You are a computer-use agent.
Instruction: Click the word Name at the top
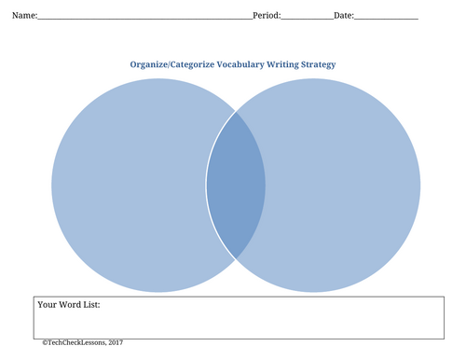pos(23,15)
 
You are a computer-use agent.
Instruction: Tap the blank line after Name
pos(145,19)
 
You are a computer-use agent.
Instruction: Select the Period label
pos(266,15)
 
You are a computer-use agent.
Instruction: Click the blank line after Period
pos(308,19)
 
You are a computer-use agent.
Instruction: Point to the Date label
pos(343,15)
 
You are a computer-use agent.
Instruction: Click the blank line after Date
pos(386,19)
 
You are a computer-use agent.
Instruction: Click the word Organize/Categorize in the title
pos(172,64)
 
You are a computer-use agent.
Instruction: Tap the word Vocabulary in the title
pos(240,64)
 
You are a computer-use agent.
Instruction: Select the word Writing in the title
pos(282,64)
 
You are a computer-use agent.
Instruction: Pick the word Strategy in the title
pos(318,64)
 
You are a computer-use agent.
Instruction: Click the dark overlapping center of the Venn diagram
pos(236,186)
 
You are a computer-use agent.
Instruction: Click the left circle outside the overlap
pos(129,186)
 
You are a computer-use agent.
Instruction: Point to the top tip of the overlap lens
pos(236,112)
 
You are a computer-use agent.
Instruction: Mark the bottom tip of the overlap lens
pos(236,258)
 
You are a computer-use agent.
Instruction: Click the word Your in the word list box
pos(48,305)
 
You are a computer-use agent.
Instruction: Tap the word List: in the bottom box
pos(91,305)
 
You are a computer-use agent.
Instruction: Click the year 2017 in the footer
pos(116,342)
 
